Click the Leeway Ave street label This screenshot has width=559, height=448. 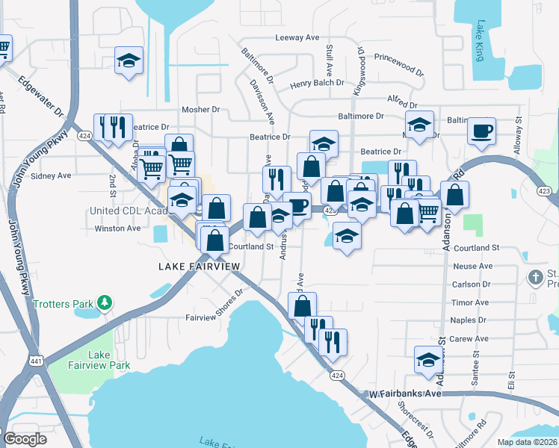(x=297, y=37)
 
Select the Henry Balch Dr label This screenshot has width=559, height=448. (x=317, y=84)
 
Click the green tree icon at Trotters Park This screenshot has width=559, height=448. (x=106, y=302)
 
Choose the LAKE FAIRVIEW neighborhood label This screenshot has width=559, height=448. (x=199, y=267)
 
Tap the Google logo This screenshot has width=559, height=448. (x=25, y=438)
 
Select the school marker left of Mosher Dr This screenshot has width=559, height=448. (x=129, y=61)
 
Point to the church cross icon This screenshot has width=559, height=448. (x=535, y=278)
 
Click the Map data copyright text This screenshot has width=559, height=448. (x=527, y=441)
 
